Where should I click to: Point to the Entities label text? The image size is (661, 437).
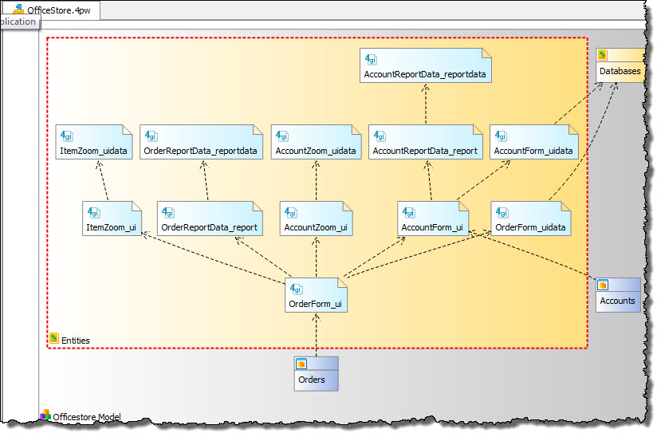[76, 341]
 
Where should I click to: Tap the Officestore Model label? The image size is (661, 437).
[87, 416]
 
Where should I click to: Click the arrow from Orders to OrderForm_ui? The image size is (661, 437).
[317, 335]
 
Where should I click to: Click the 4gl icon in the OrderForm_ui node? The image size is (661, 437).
[297, 289]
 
